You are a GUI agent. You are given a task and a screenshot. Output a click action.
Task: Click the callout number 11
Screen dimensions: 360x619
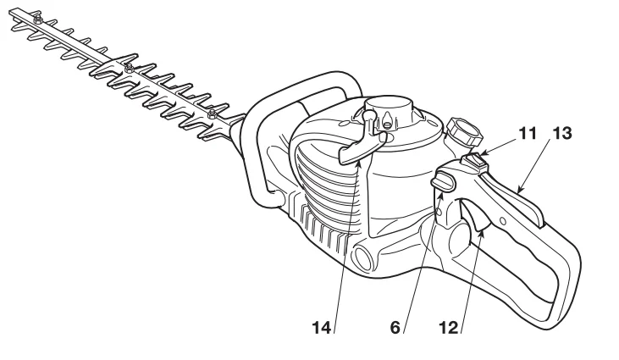[528, 133]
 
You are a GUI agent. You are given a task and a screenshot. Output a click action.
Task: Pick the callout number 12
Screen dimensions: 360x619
[449, 325]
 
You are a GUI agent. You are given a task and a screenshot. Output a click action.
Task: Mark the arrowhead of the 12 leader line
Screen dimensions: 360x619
[480, 227]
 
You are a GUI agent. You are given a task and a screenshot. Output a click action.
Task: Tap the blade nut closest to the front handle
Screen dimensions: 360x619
[212, 114]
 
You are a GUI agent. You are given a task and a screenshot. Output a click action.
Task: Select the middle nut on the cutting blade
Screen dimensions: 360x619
[128, 66]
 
